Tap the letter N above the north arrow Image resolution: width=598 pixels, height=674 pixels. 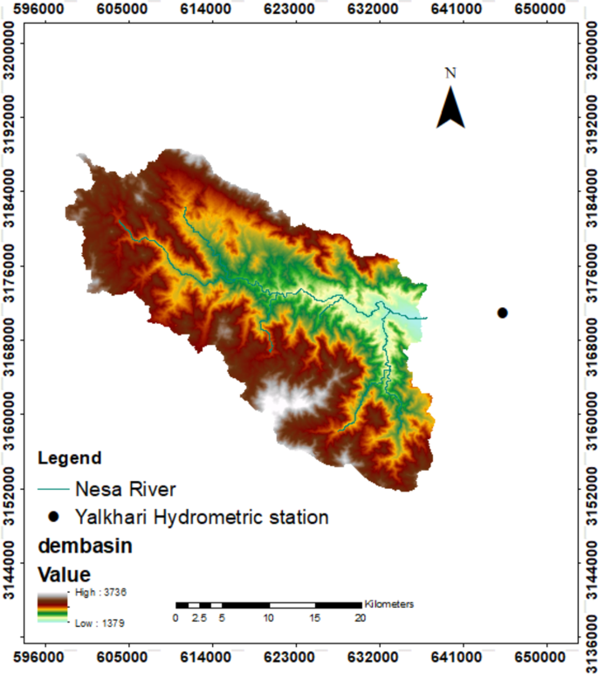(x=450, y=73)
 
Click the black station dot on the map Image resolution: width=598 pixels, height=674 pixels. (x=502, y=313)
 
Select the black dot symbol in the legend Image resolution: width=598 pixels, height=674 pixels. (x=53, y=517)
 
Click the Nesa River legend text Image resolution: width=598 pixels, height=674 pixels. (x=126, y=487)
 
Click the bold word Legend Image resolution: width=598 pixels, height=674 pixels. (x=69, y=457)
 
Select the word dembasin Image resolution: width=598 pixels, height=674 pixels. (x=82, y=547)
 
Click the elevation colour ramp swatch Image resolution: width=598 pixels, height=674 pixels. (x=52, y=608)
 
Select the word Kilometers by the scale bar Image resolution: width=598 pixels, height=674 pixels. (x=388, y=603)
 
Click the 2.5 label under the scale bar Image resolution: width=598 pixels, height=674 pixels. (x=199, y=619)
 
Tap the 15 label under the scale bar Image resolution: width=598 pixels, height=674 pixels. (x=314, y=619)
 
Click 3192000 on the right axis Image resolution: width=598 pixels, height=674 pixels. (x=589, y=117)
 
